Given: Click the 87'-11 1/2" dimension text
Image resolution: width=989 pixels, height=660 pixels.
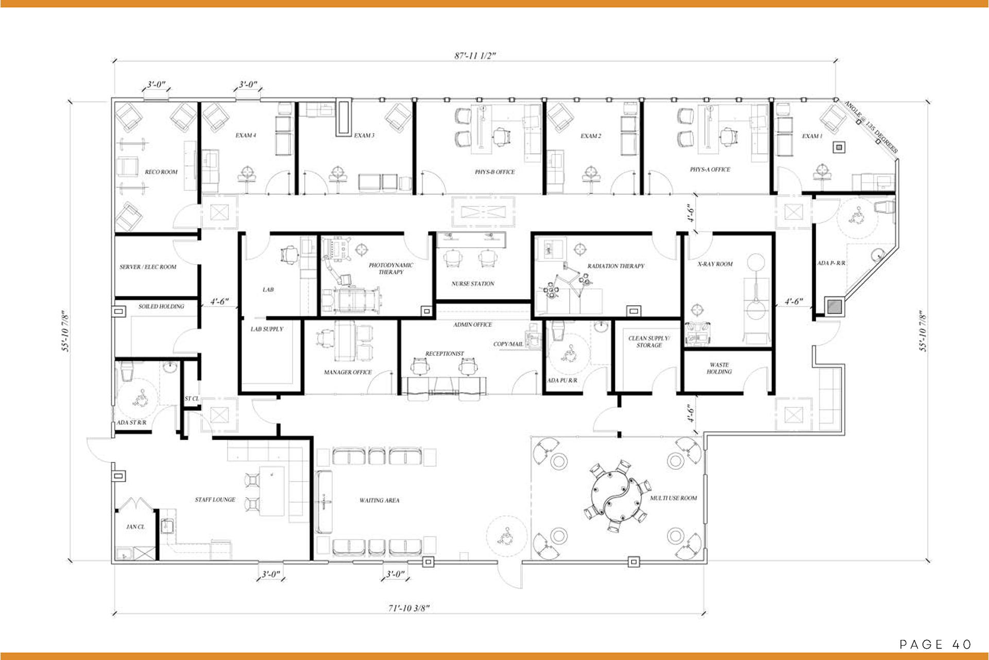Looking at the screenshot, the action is tap(475, 56).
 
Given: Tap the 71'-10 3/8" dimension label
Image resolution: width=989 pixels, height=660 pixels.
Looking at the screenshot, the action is tap(408, 608).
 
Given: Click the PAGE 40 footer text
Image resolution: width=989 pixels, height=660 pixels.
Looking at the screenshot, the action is tap(935, 644).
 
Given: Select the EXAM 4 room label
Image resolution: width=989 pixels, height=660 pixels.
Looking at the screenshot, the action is tap(246, 136).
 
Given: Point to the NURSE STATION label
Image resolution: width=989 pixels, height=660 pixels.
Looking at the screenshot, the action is tap(473, 284).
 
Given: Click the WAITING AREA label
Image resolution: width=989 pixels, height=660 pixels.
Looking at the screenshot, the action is tap(380, 500).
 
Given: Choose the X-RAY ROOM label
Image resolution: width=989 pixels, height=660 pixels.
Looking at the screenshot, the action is tap(715, 264).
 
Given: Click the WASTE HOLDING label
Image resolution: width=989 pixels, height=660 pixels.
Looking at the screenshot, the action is tap(719, 368).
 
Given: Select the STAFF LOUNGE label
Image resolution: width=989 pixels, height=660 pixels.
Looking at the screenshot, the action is tap(215, 500).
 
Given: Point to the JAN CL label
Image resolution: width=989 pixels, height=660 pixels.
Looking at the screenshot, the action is tap(135, 527).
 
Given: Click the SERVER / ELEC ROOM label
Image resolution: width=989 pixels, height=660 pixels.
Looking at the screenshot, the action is tap(148, 267).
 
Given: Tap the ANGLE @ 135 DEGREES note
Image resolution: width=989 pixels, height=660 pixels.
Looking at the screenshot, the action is tap(871, 127).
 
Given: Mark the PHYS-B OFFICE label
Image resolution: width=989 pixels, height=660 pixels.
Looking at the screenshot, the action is tap(494, 172).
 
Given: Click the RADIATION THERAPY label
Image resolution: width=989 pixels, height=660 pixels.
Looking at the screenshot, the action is tap(616, 266).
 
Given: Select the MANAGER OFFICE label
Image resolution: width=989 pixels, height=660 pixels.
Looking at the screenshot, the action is tap(348, 372).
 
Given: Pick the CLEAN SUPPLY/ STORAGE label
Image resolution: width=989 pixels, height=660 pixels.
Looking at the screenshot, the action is tap(649, 342).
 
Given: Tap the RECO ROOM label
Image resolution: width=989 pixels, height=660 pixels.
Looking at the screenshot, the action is tap(161, 172).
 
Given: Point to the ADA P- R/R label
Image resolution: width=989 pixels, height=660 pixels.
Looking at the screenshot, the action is tap(831, 263).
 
